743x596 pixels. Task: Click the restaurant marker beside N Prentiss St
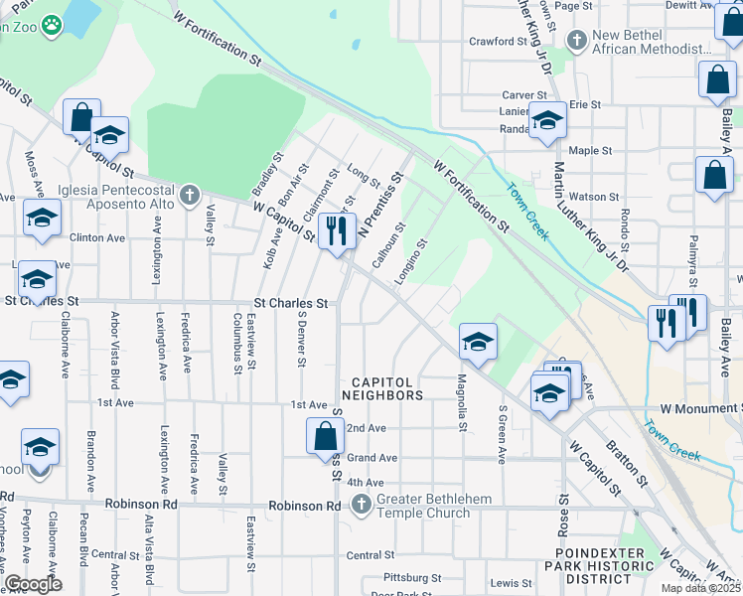click(x=338, y=230)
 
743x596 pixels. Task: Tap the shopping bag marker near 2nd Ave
click(x=326, y=436)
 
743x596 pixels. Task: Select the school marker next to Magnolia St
click(x=478, y=342)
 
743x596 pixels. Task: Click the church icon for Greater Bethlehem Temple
click(x=361, y=506)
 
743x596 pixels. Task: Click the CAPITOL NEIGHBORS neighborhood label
click(x=385, y=387)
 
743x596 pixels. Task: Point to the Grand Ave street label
click(x=372, y=458)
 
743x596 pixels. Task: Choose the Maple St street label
click(x=590, y=151)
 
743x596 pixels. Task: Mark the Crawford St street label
click(x=498, y=42)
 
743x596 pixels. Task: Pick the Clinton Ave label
click(x=97, y=238)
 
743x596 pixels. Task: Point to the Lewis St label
click(x=512, y=583)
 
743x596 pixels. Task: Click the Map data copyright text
click(x=701, y=588)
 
